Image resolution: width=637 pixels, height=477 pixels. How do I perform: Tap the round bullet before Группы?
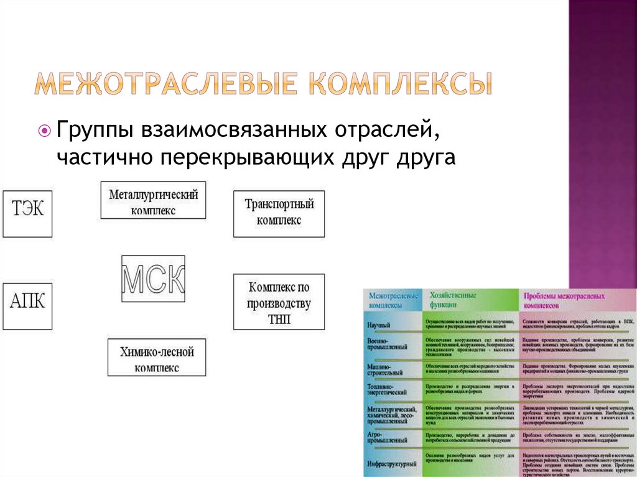(x=44, y=131)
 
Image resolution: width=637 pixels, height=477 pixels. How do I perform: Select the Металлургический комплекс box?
(x=153, y=200)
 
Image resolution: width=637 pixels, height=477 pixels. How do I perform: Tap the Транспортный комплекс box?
(x=279, y=213)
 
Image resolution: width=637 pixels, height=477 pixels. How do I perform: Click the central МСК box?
(x=153, y=279)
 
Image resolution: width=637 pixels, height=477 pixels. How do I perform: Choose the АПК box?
(x=27, y=306)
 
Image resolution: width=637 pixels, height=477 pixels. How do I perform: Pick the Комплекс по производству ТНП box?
(x=279, y=302)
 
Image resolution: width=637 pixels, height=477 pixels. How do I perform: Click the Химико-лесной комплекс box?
(x=157, y=357)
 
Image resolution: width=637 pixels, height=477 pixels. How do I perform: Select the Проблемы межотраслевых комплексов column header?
(x=564, y=301)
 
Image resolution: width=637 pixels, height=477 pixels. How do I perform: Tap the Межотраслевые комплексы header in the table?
(x=392, y=301)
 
